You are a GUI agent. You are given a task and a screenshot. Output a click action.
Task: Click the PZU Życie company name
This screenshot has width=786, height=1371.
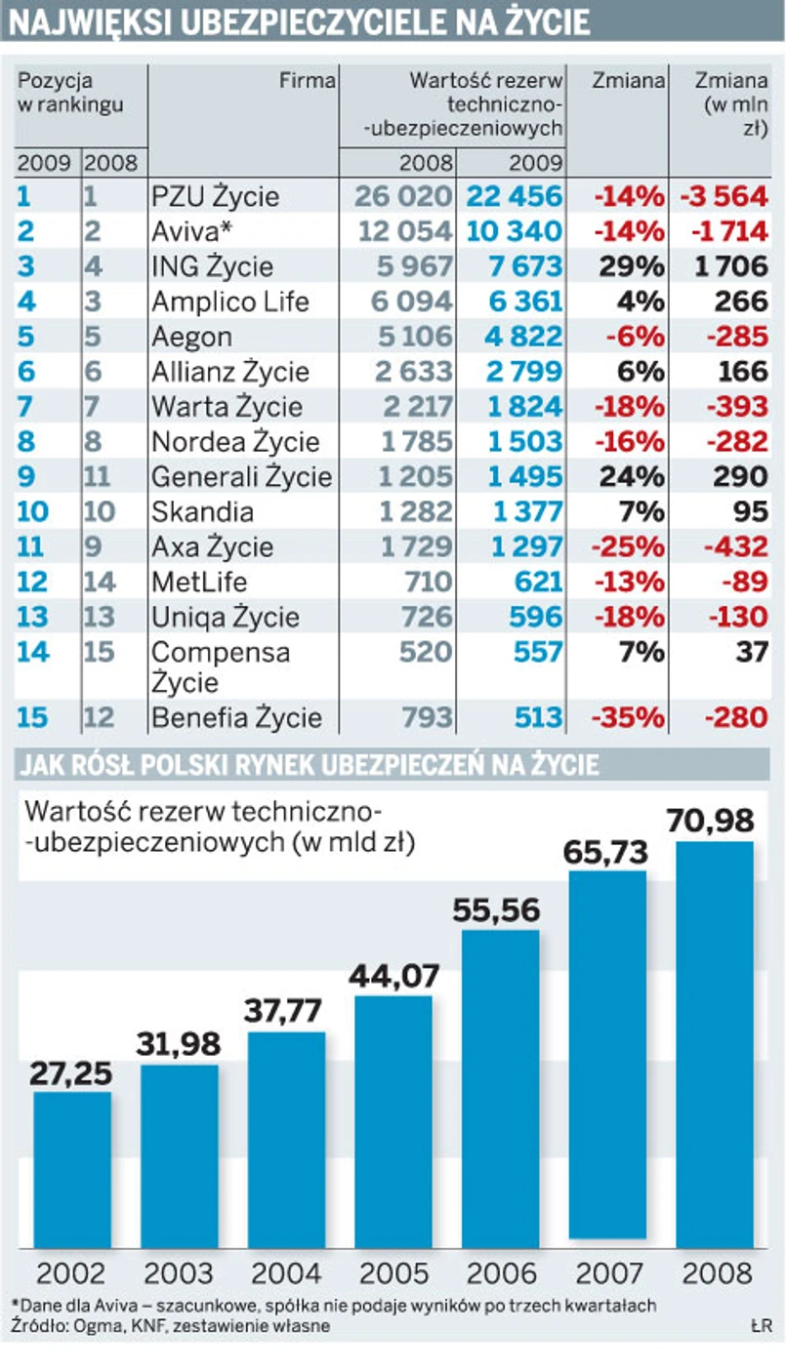[215, 196]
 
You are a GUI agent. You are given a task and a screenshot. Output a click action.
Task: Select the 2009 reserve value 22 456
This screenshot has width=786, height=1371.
[515, 196]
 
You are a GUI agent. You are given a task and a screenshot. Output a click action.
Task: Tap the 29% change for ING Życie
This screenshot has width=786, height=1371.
[630, 266]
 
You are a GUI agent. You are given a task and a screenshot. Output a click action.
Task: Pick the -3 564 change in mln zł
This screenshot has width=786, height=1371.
[724, 196]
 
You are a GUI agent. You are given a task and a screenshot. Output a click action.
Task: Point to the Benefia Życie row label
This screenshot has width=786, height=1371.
[236, 718]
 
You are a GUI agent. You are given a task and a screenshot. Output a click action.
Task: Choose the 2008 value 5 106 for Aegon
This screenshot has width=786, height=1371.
[410, 337]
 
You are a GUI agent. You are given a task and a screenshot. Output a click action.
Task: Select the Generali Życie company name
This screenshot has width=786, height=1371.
[241, 476]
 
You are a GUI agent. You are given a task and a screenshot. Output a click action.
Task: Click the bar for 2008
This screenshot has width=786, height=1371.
[716, 1044]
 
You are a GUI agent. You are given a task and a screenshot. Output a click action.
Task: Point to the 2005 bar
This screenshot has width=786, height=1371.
[393, 1122]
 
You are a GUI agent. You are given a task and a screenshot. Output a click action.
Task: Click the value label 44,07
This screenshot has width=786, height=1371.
[393, 975]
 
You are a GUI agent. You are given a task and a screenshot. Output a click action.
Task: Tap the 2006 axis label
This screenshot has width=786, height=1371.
[501, 1273]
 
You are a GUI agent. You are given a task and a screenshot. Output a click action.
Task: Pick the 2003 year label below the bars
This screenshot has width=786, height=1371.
[180, 1273]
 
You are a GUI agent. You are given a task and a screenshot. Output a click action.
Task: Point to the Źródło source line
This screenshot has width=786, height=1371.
[171, 1326]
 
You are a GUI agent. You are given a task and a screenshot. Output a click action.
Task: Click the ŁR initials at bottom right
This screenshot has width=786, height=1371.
[762, 1326]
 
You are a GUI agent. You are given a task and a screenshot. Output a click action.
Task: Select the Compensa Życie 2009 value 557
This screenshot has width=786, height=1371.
[538, 651]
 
